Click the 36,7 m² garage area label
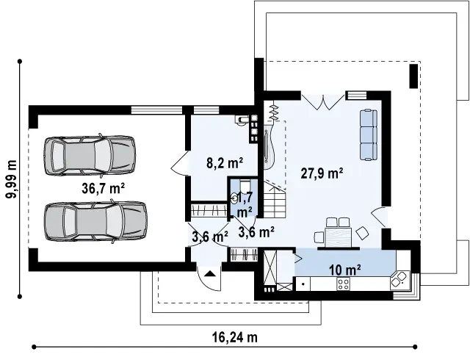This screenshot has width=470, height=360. click(103, 188)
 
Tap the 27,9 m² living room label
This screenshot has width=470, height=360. click(322, 173)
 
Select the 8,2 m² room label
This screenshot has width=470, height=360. click(225, 163)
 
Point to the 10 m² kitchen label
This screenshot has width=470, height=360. click(344, 270)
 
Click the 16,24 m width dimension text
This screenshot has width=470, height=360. click(235, 337)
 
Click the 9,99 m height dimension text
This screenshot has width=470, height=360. click(12, 179)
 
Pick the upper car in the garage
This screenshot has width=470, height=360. click(90, 155)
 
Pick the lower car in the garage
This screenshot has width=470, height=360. click(95, 221)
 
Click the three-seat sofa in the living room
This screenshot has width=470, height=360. click(369, 134)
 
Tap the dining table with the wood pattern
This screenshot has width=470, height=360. click(338, 237)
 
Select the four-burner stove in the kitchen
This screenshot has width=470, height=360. click(343, 284)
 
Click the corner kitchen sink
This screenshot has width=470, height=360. click(399, 280)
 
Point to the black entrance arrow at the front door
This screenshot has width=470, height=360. click(210, 273)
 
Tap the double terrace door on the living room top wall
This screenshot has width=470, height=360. click(323, 102)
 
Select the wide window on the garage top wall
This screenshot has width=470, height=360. click(156, 109)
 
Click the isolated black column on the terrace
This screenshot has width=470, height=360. click(413, 76)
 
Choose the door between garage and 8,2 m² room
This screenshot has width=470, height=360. click(179, 163)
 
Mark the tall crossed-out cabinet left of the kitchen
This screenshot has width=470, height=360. click(270, 267)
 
